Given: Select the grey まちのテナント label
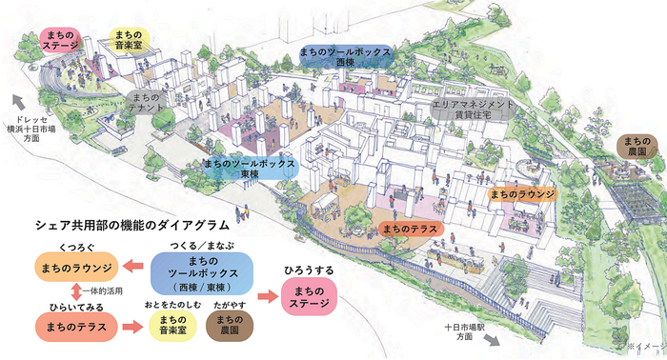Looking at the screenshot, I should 145,102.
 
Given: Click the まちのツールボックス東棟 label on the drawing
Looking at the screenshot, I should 251,170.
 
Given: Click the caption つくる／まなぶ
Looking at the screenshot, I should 201,245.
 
